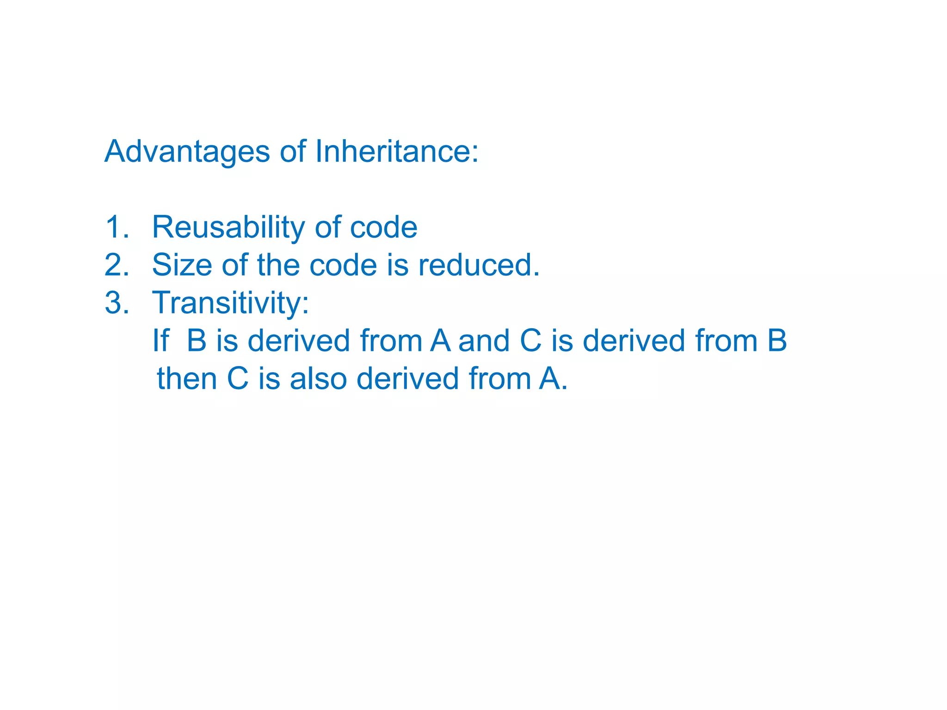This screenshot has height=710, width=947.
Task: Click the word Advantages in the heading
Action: click(x=187, y=152)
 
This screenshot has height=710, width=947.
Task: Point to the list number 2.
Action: click(x=117, y=265)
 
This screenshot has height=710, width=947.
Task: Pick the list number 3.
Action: click(x=117, y=303)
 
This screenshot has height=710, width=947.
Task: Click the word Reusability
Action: click(x=228, y=228)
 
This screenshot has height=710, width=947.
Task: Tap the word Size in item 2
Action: click(x=182, y=265)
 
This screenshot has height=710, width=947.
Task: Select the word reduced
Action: click(x=479, y=265)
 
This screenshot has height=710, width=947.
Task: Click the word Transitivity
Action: click(x=230, y=304)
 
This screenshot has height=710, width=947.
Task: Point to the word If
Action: click(x=161, y=341)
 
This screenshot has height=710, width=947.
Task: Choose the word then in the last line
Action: click(x=187, y=379)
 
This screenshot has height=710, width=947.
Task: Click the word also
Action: click(x=318, y=379)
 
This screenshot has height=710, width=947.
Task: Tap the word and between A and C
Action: click(x=484, y=341)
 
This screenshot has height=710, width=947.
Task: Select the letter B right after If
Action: click(x=197, y=341)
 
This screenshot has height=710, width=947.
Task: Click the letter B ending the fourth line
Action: click(x=777, y=341)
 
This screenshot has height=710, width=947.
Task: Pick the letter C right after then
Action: click(x=237, y=379)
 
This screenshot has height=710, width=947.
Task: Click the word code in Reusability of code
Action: click(x=383, y=227)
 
